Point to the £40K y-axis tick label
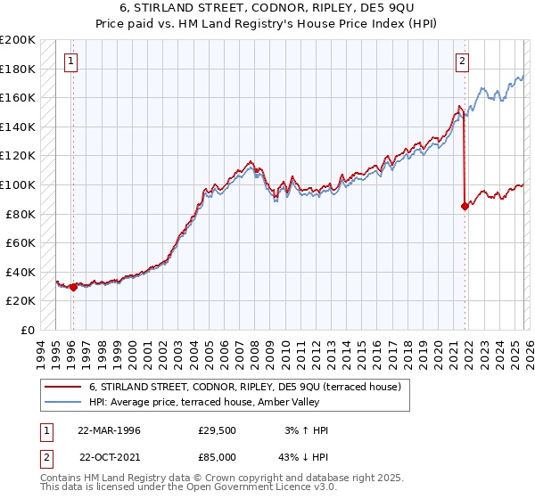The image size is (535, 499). coord(20,272)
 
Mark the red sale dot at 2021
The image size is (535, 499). coord(465,207)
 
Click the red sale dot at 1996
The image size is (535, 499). coord(72,287)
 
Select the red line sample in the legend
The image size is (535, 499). coord(63,387)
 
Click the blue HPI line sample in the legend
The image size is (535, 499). coord(63,402)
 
